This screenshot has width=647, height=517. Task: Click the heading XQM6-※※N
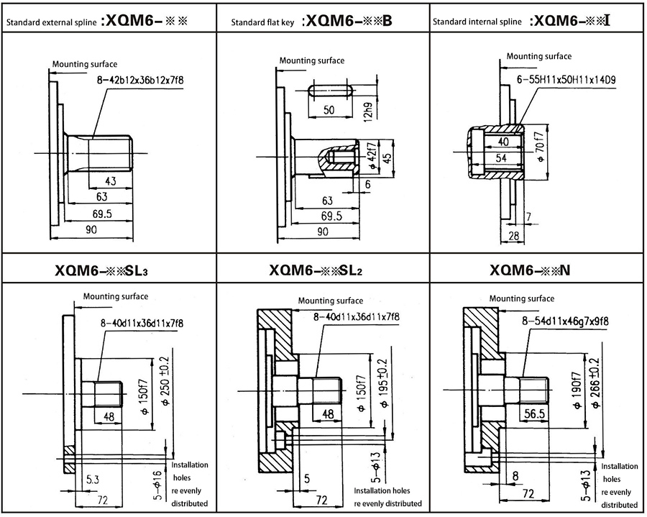[x=530, y=270]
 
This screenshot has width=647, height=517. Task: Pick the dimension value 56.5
[x=532, y=413]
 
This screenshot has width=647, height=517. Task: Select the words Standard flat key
[x=262, y=22]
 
